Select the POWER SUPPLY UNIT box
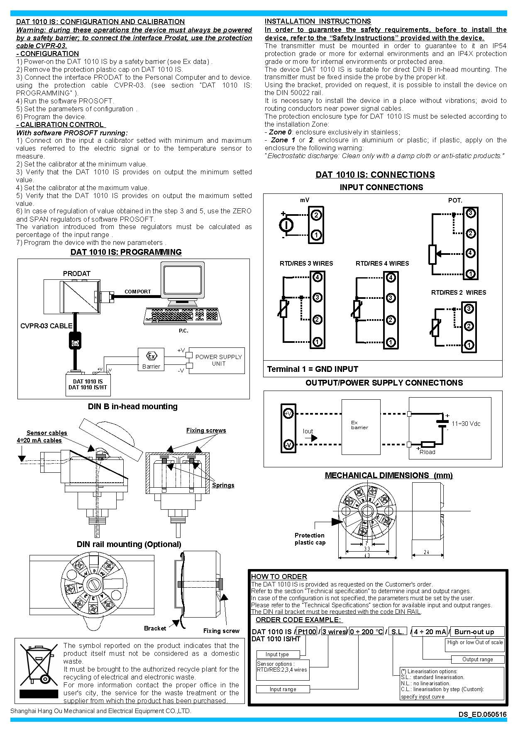point(218,360)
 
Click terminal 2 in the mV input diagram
point(316,215)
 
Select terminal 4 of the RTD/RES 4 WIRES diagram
point(391,278)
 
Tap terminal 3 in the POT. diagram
point(470,213)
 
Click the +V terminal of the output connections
point(288,413)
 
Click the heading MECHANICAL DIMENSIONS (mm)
point(388,475)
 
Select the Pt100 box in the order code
point(307,631)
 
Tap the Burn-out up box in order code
point(477,631)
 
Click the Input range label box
point(283,689)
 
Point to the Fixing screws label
point(206,430)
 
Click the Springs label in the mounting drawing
point(223,485)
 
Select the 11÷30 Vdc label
point(466,424)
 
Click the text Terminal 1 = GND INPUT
point(313,369)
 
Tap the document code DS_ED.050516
point(482,714)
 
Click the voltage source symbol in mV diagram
point(286,225)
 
